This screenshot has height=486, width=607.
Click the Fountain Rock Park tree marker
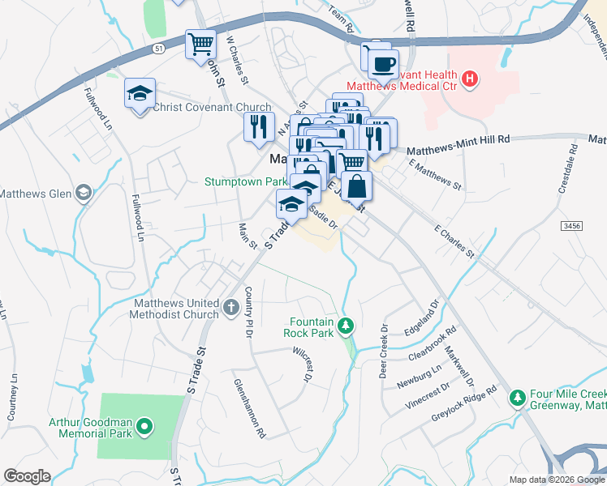(x=347, y=326)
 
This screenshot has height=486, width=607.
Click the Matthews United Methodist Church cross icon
(x=231, y=307)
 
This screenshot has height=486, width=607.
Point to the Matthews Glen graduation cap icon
(x=83, y=193)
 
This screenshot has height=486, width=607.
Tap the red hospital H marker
(x=469, y=79)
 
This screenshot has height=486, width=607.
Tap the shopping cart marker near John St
(x=200, y=44)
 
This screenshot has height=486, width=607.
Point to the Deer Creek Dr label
(x=385, y=341)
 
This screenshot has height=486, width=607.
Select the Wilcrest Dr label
(x=302, y=364)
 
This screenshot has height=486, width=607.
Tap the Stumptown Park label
(x=245, y=181)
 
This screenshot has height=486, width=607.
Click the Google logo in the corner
(x=27, y=476)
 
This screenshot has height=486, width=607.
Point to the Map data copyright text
(x=556, y=480)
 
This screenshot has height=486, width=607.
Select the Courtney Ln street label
(x=12, y=397)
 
